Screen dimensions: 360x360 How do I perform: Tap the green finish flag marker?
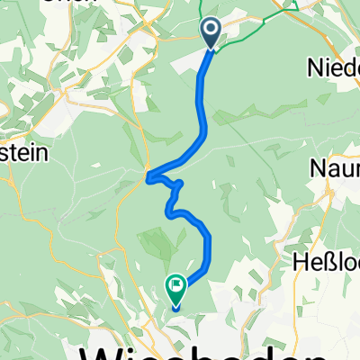tap(175, 289)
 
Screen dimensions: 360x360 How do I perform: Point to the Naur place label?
tap(335, 168)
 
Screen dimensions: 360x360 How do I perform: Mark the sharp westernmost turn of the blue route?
tap(148, 176)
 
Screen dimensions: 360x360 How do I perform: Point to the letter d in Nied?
tap(352, 67)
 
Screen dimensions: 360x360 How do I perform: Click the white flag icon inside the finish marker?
tap(175, 287)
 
